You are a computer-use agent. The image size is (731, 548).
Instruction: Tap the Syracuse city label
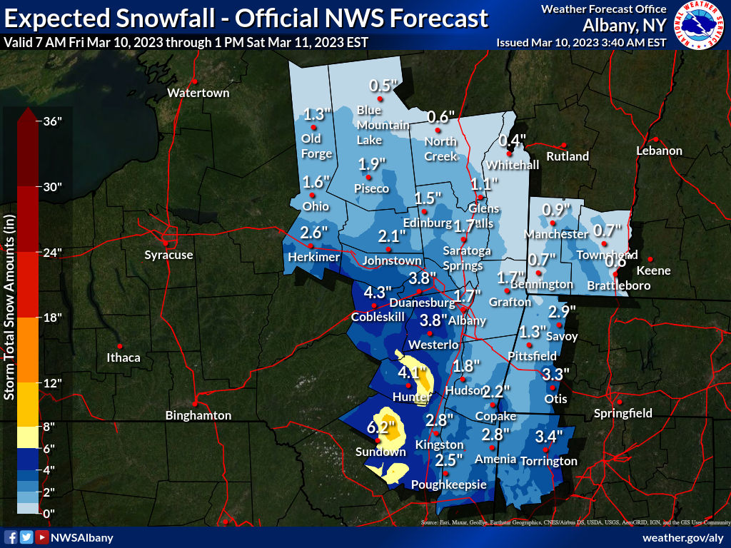coord(168,255)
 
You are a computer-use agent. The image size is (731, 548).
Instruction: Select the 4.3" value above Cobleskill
coord(378,293)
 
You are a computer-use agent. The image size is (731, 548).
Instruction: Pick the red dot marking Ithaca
coord(121,345)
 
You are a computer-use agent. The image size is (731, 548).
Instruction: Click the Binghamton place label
coord(198,415)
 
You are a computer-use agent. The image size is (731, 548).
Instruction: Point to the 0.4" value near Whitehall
coord(513,141)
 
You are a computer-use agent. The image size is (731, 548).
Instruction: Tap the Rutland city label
coord(568,156)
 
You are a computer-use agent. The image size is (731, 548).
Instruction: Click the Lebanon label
coord(660,151)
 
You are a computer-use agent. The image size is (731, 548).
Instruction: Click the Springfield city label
coord(623,413)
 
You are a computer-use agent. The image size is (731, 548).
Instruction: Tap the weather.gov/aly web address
coord(683,537)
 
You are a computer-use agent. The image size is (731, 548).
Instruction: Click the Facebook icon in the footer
coord(11,537)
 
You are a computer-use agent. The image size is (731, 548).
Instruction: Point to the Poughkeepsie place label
coord(449,484)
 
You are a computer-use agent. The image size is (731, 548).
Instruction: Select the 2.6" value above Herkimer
coord(313,233)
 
